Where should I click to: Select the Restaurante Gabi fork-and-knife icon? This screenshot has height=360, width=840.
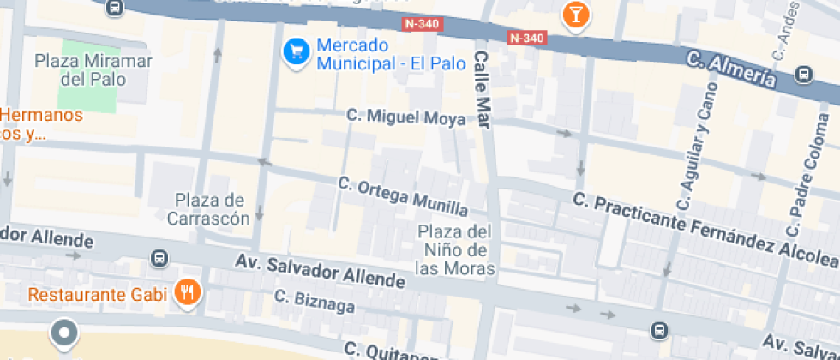pyautogui.click(x=187, y=294)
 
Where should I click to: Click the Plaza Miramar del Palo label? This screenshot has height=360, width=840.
pyautogui.click(x=93, y=70)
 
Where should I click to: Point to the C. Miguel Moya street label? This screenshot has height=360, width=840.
pyautogui.click(x=406, y=117)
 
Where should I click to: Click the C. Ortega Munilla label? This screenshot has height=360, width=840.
pyautogui.click(x=403, y=196)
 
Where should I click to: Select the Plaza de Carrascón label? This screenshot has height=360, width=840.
pyautogui.click(x=211, y=209)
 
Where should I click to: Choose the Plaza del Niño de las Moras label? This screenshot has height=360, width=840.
pyautogui.click(x=454, y=249)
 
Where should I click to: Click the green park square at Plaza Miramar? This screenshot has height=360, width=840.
pyautogui.click(x=87, y=94)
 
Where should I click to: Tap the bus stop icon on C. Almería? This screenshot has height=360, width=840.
pyautogui.click(x=804, y=75)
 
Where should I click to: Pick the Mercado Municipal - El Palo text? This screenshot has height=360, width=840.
pyautogui.click(x=389, y=54)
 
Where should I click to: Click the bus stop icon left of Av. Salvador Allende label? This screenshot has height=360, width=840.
pyautogui.click(x=159, y=258)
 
